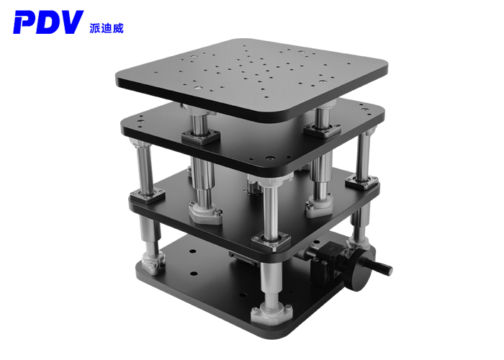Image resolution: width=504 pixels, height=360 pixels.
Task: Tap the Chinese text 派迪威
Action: (x=108, y=23)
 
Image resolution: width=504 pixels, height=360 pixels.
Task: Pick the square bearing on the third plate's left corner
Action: (x=148, y=194)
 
